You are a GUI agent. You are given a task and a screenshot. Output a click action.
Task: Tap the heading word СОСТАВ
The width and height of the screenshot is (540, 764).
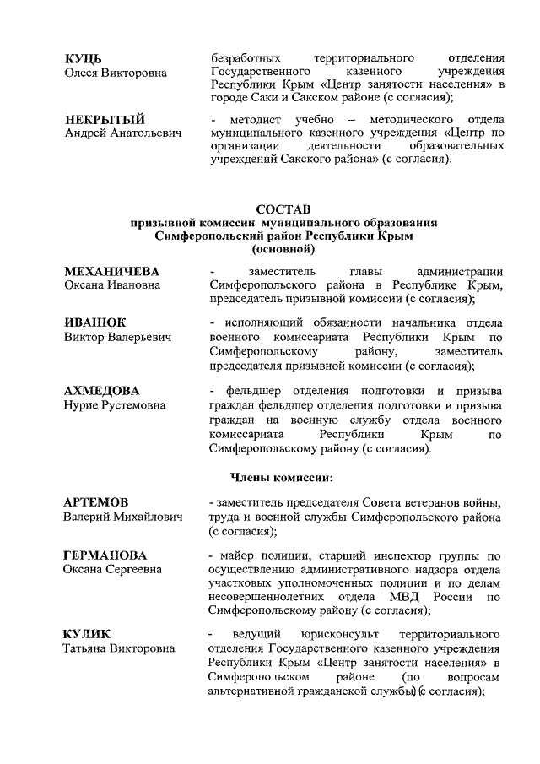tap(283, 209)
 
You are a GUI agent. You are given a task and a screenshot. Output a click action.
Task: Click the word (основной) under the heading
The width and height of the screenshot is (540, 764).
tap(283, 250)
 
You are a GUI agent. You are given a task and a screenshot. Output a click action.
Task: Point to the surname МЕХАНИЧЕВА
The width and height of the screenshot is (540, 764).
tap(112, 271)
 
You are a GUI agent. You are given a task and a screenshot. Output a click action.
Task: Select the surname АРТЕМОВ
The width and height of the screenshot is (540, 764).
tap(97, 502)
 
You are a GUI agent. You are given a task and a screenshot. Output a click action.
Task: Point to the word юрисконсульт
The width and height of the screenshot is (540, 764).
tap(337, 633)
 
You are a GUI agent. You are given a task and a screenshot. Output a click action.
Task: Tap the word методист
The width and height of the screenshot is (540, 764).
tap(246, 118)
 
